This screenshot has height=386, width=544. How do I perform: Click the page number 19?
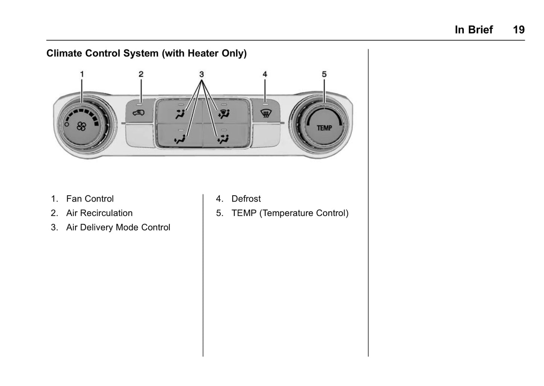518,30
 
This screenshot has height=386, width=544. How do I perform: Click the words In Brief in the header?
474,30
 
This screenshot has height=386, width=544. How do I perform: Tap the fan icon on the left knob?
81,126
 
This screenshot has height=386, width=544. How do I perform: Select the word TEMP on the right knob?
324,128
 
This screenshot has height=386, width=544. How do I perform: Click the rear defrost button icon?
265,112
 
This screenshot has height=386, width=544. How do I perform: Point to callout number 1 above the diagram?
82,74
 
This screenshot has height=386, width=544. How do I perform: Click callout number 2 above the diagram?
141,74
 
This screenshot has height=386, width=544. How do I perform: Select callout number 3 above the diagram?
202,74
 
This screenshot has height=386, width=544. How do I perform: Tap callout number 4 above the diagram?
265,74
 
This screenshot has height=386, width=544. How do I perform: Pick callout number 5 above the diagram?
324,74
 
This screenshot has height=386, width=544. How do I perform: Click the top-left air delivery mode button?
180,113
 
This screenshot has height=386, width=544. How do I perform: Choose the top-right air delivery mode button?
224,113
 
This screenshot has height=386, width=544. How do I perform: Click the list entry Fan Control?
90,199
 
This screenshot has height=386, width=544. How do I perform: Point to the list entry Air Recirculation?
99,213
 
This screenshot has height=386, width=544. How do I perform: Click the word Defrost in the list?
246,199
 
